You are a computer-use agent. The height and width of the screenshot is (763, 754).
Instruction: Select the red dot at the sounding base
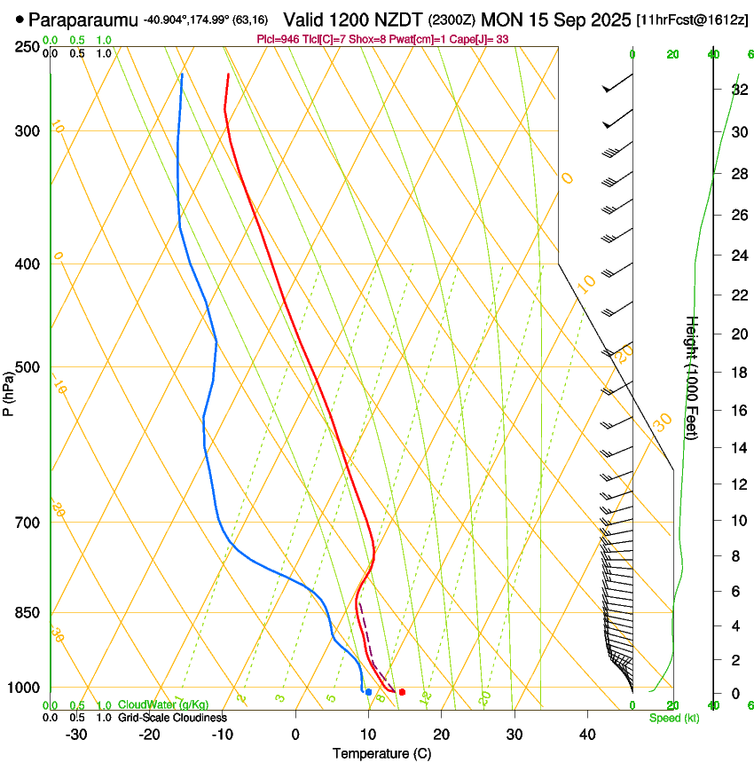coord(402,692)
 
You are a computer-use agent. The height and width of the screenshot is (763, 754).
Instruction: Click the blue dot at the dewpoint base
coord(368,691)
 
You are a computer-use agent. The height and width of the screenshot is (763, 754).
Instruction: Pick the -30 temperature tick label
coord(76,735)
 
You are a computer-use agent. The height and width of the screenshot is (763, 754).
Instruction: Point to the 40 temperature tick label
coord(586,735)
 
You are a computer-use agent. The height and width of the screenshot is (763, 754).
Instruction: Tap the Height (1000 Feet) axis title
coord(692,377)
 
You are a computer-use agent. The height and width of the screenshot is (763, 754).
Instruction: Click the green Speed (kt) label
coord(674,718)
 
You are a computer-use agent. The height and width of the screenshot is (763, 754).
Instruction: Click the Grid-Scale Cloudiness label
coord(172,717)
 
